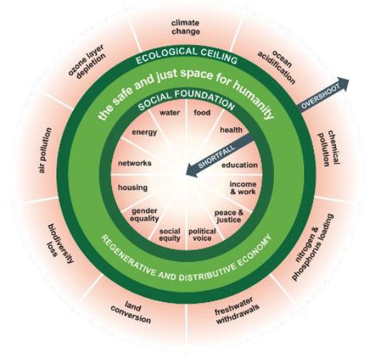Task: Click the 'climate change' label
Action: tap(186, 27)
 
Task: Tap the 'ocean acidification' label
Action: tap(277, 66)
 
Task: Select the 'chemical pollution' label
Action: tap(329, 148)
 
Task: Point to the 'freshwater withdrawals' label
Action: tap(237, 310)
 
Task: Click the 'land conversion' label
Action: tap(131, 312)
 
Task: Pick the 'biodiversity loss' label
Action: tap(60, 244)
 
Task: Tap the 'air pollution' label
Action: tap(45, 150)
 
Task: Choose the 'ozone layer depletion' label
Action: tap(87, 61)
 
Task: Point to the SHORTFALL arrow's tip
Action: tap(186, 174)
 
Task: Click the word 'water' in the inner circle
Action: tap(170, 113)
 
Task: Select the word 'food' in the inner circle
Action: tap(202, 113)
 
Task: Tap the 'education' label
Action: tap(240, 165)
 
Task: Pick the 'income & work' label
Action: tap(243, 188)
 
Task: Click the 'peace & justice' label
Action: tap(229, 216)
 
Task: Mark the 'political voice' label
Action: tap(202, 234)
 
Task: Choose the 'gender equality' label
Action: tap(145, 215)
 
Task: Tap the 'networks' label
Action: tap(135, 163)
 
